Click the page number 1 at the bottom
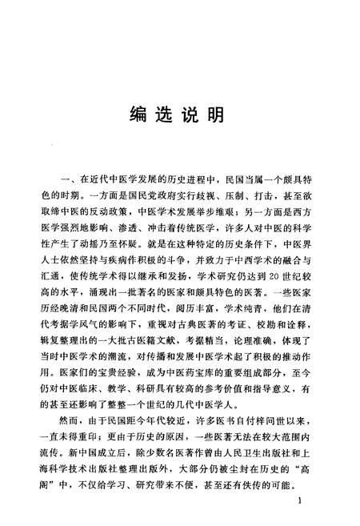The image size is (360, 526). (x=298, y=501)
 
